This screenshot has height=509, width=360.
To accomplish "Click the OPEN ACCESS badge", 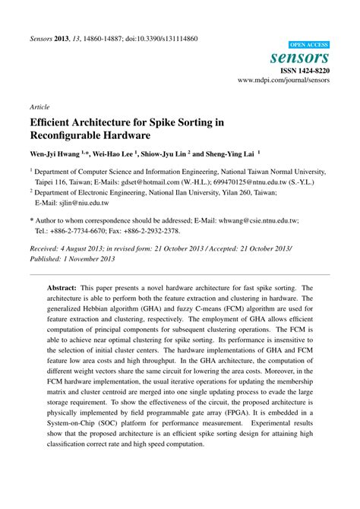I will (x=310, y=44).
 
